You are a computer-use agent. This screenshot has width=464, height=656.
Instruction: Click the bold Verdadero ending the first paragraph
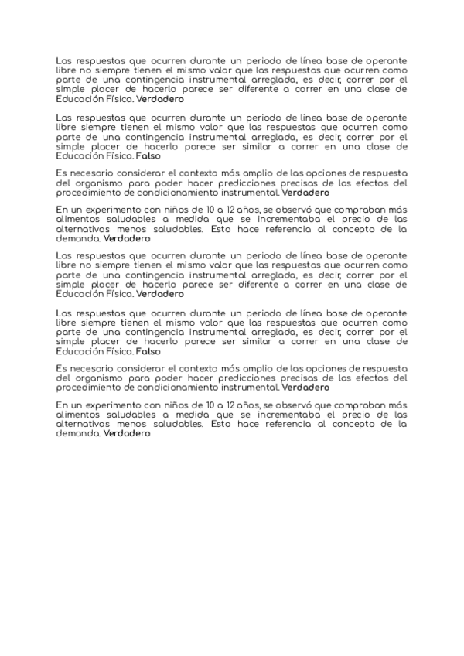tap(160, 100)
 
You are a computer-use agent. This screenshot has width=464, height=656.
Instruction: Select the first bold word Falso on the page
tap(148, 156)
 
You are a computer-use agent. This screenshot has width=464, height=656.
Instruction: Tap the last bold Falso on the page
tap(148, 350)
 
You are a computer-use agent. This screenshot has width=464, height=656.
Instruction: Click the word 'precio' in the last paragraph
tap(357, 415)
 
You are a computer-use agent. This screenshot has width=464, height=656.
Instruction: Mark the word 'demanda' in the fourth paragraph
tap(78, 239)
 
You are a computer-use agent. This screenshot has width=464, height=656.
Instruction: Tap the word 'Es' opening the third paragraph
tap(62, 174)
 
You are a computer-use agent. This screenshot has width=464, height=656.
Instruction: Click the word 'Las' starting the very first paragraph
tap(67, 60)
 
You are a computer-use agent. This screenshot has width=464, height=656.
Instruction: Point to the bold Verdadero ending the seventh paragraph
tap(305, 388)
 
